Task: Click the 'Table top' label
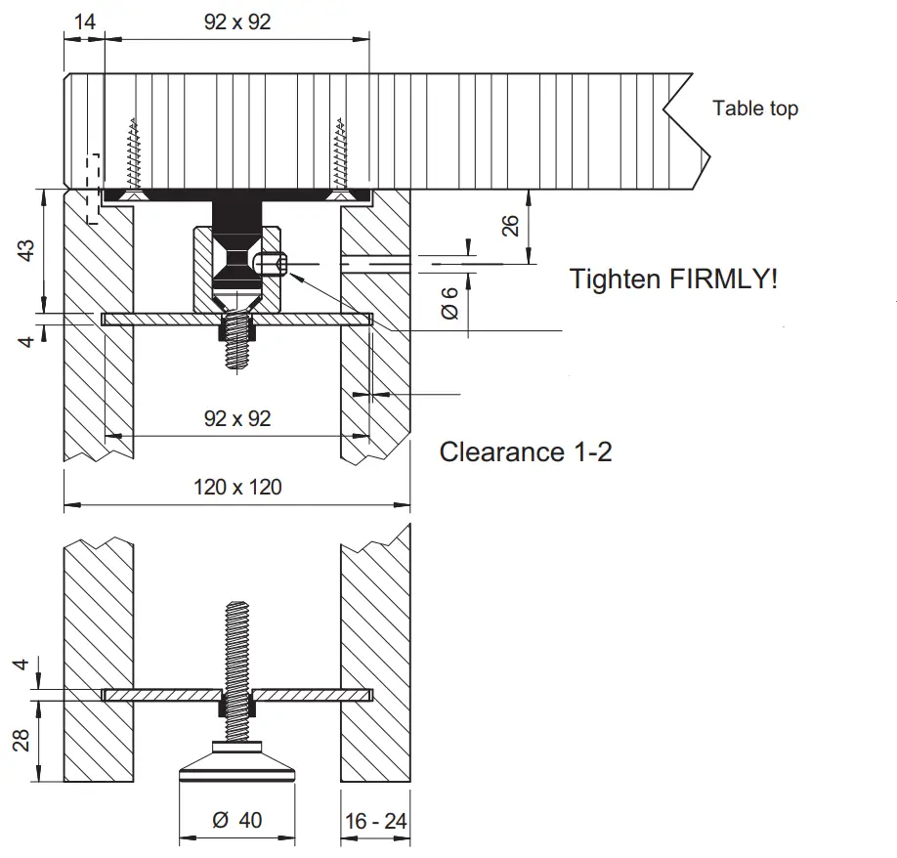pyautogui.click(x=754, y=108)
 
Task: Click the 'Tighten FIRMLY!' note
pyautogui.click(x=674, y=279)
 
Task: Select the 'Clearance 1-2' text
pyautogui.click(x=526, y=451)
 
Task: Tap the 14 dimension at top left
pyautogui.click(x=84, y=21)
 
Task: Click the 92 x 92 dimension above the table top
pyautogui.click(x=237, y=21)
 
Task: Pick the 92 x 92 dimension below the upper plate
pyautogui.click(x=237, y=418)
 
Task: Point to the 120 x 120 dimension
pyautogui.click(x=237, y=487)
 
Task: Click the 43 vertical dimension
pyautogui.click(x=27, y=250)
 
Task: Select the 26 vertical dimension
pyautogui.click(x=510, y=227)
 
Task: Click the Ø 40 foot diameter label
pyautogui.click(x=237, y=820)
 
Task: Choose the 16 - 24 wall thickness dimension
pyautogui.click(x=375, y=821)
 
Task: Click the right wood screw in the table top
pyautogui.click(x=339, y=156)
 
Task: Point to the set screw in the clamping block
pyautogui.click(x=271, y=263)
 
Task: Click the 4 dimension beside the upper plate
pyautogui.click(x=27, y=340)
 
